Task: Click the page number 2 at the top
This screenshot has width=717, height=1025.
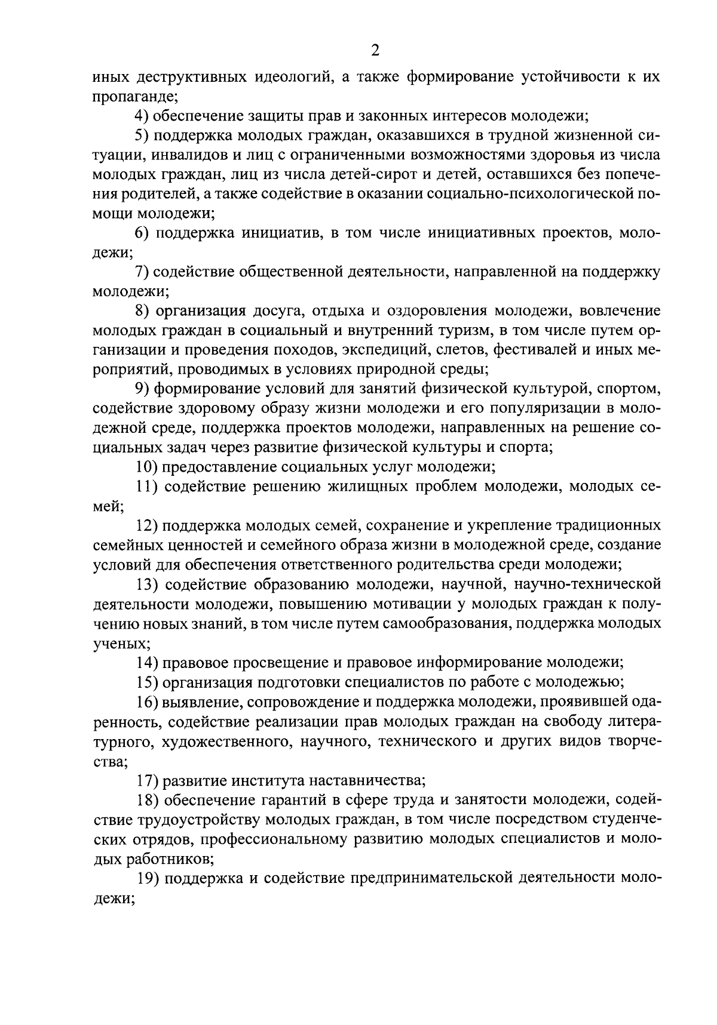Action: pyautogui.click(x=375, y=51)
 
